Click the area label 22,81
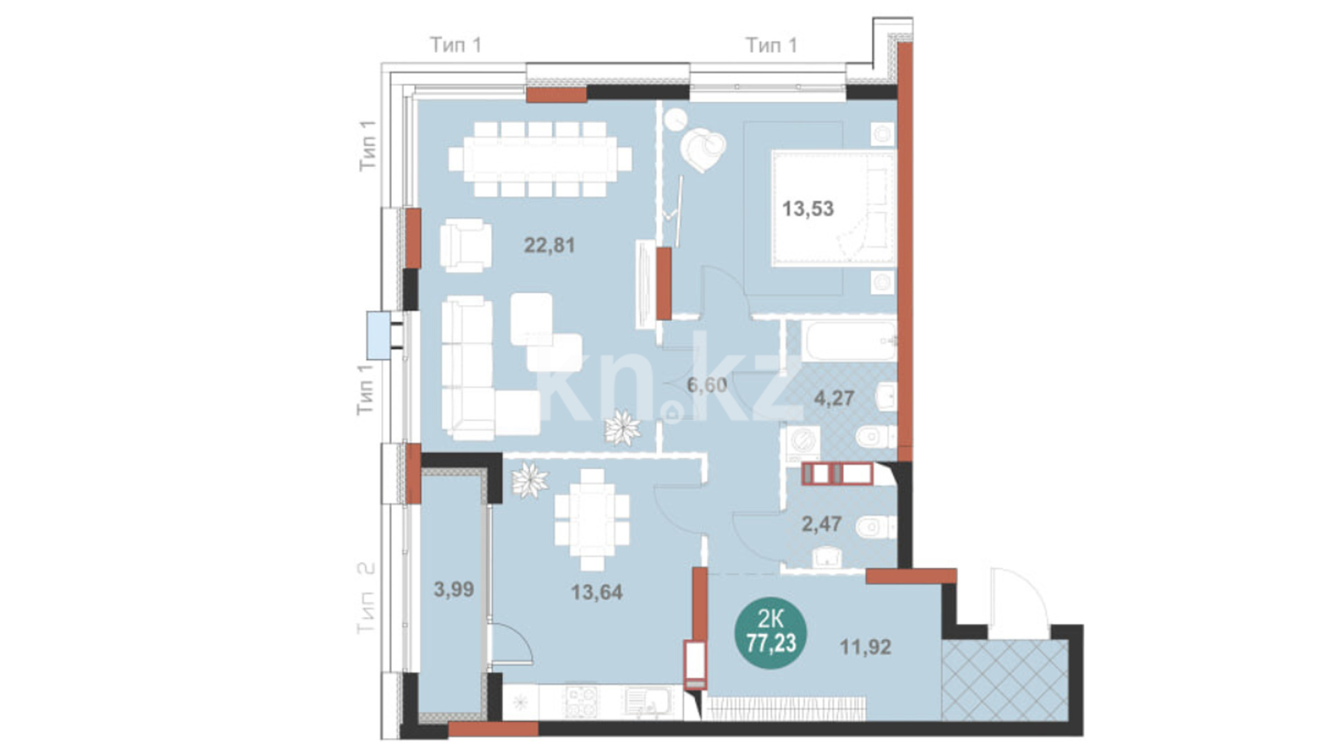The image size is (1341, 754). [550, 245]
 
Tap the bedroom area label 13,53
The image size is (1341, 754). [808, 209]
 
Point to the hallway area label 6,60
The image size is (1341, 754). [707, 385]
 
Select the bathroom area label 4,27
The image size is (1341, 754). [835, 398]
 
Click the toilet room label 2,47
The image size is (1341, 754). [821, 524]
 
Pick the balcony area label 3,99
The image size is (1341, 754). [454, 589]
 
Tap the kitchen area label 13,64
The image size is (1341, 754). [596, 592]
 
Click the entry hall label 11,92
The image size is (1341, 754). [865, 646]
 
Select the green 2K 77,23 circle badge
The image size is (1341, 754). [771, 631]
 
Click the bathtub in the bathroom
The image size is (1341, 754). [849, 341]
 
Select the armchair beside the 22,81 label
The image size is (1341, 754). [466, 245]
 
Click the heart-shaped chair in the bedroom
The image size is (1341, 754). [703, 151]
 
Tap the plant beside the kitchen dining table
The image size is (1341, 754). [529, 481]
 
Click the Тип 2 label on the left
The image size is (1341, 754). [365, 598]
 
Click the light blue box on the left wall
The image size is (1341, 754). [379, 335]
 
